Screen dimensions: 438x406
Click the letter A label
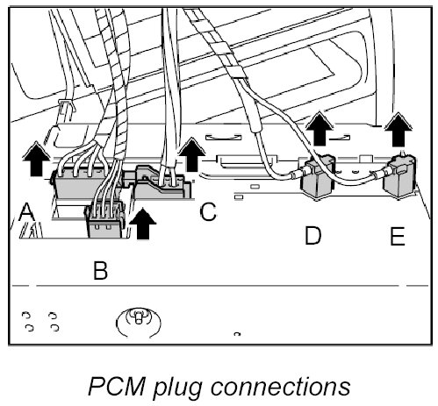click(x=26, y=212)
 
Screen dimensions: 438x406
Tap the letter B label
click(x=101, y=270)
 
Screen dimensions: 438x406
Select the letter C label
click(x=208, y=212)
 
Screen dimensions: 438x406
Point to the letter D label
click(x=312, y=235)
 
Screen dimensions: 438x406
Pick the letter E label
click(x=398, y=236)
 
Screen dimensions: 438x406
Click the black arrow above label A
click(x=36, y=159)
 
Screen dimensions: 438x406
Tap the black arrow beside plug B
click(x=143, y=224)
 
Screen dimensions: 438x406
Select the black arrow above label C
click(x=191, y=154)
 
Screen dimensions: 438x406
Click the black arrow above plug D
click(x=320, y=129)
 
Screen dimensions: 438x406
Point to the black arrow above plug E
click(x=398, y=130)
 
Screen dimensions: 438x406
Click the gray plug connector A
click(x=85, y=184)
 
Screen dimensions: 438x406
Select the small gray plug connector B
click(x=105, y=222)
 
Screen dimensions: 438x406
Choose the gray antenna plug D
click(x=318, y=178)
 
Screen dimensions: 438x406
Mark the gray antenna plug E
click(x=399, y=177)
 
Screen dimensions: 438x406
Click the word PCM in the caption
click(x=117, y=387)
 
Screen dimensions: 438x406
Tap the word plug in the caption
click(x=178, y=388)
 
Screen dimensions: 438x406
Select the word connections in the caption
click(x=280, y=387)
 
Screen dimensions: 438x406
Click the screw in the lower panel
click(x=138, y=317)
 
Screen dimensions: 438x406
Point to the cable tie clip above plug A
click(x=67, y=105)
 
